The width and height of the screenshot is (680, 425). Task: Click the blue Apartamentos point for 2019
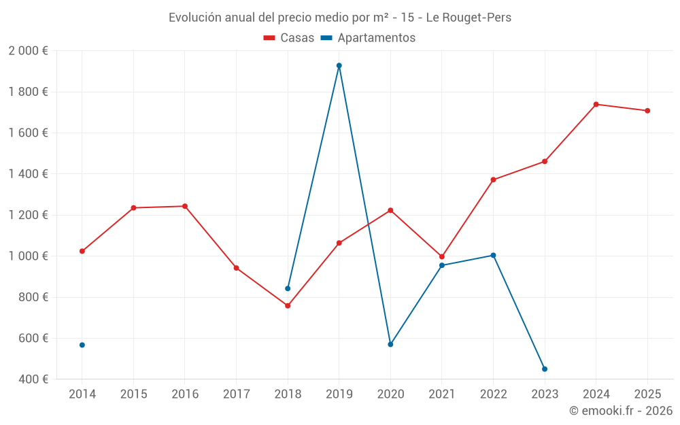coord(339,65)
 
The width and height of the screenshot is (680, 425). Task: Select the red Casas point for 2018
coord(288,306)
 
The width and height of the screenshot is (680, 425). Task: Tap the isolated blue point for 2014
coord(82,345)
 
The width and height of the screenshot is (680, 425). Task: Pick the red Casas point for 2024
coord(596,104)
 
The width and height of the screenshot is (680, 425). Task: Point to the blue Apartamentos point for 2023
coord(545,369)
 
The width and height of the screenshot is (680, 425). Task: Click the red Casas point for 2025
coord(647,111)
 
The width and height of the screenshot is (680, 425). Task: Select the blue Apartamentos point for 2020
coord(390,345)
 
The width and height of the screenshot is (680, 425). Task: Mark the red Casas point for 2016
coord(185,206)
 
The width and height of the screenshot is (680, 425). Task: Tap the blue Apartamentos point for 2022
coord(493,255)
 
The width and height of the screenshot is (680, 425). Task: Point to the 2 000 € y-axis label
coord(28,51)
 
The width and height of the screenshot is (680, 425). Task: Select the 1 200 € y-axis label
coord(28,215)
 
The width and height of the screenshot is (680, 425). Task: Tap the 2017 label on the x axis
coord(236,394)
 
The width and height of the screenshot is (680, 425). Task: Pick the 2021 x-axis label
coord(442,394)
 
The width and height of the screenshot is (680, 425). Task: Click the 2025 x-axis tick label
coord(647,394)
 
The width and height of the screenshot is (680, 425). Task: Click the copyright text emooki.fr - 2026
coord(621,411)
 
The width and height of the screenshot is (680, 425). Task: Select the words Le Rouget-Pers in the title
coord(469,18)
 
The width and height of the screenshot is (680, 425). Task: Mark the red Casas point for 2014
coord(82,251)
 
